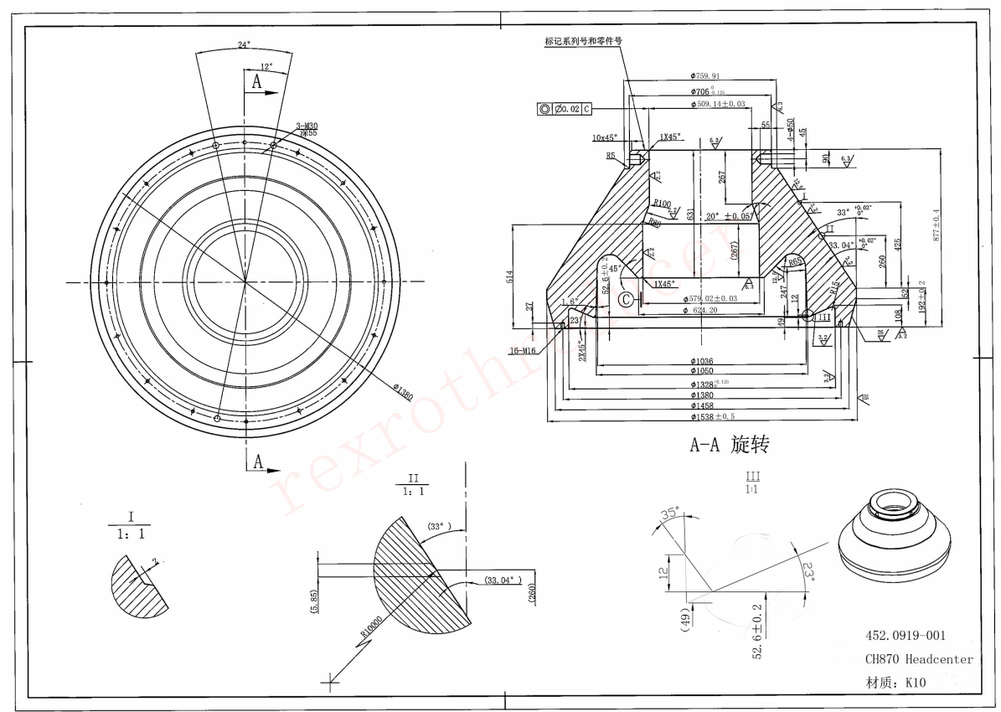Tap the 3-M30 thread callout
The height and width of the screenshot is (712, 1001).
306,126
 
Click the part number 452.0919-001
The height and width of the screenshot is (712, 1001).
906,637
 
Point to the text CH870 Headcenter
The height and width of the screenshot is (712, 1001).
919,659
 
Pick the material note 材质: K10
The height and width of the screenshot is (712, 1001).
895,683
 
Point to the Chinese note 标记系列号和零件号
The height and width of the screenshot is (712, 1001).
584,40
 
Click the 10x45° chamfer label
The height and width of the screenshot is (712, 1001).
604,137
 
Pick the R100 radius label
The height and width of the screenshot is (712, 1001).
663,204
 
